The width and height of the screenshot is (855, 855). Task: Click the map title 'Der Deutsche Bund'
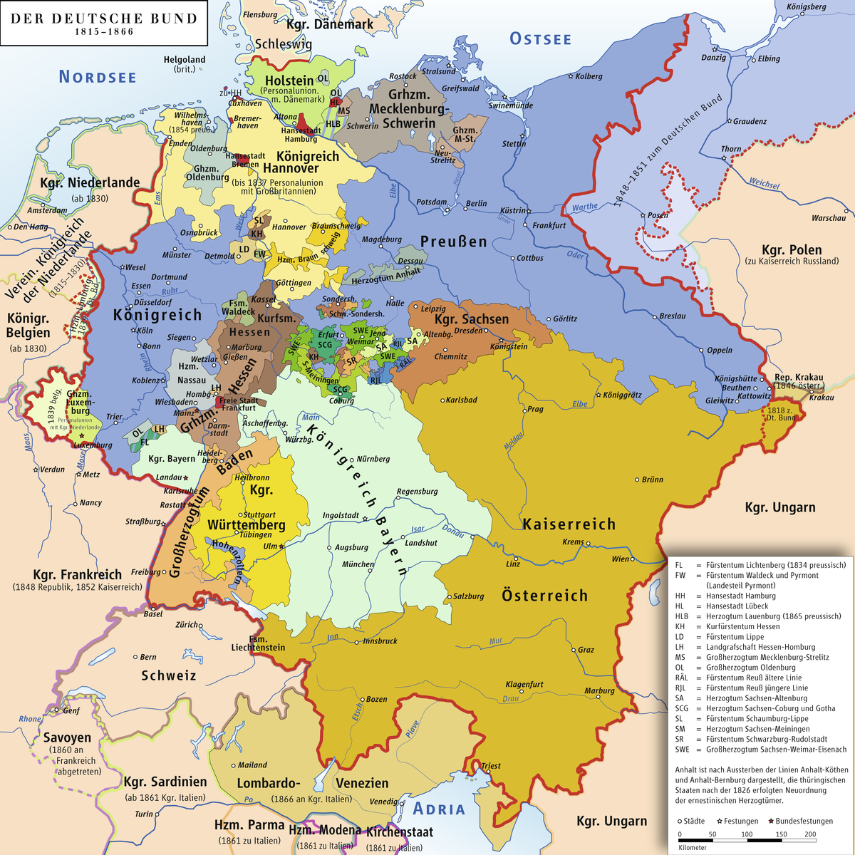click(104, 19)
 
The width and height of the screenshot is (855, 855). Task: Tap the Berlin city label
click(476, 204)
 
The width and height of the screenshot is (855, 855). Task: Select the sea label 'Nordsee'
click(98, 77)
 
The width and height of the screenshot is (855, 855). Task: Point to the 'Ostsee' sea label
click(541, 39)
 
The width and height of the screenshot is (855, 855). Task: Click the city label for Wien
click(621, 559)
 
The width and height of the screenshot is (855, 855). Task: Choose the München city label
click(358, 564)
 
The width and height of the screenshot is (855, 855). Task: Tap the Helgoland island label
click(185, 60)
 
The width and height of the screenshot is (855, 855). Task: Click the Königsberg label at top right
click(806, 7)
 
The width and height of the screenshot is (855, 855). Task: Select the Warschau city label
click(829, 218)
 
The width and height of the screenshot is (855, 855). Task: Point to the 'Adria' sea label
click(439, 809)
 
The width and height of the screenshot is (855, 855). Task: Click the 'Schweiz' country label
click(168, 675)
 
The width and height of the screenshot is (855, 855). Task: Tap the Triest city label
click(491, 766)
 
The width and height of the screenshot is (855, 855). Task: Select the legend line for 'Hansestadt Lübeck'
click(736, 606)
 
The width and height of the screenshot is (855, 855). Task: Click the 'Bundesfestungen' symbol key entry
click(804, 821)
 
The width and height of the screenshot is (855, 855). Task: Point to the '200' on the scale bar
click(810, 834)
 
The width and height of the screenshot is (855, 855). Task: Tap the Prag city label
click(535, 410)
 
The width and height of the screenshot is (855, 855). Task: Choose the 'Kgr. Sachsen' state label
click(472, 319)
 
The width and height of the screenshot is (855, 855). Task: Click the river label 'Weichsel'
click(764, 184)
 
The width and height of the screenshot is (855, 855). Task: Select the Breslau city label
click(673, 316)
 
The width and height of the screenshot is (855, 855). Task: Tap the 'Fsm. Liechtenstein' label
click(258, 643)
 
